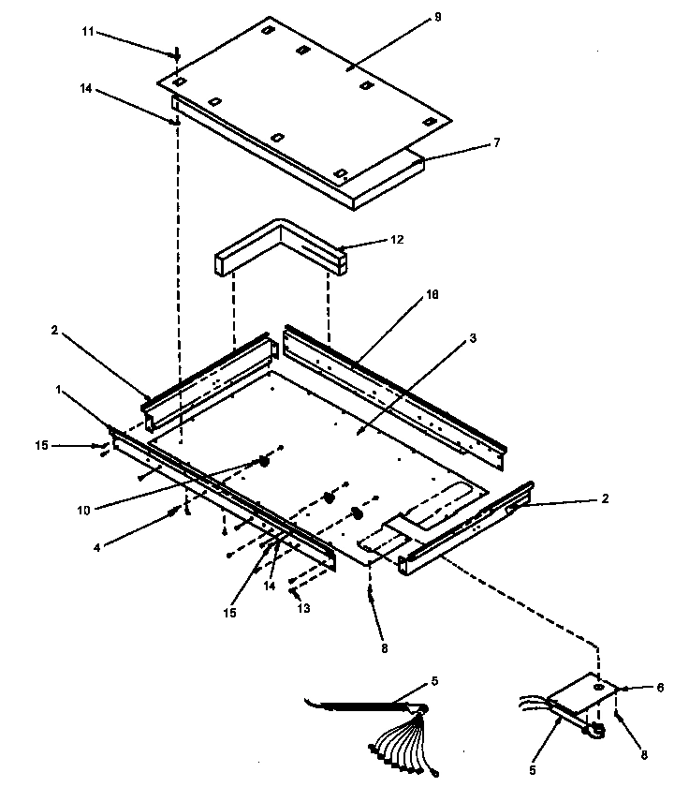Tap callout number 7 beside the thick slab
pyautogui.click(x=497, y=142)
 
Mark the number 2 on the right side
pyautogui.click(x=605, y=499)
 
